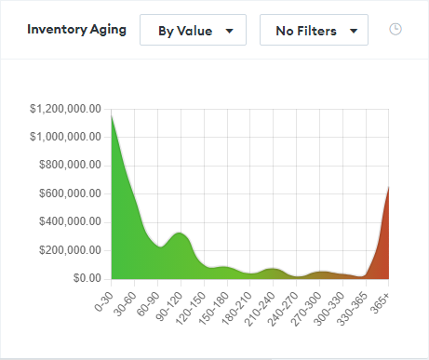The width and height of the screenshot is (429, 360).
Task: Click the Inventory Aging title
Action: pyautogui.click(x=77, y=30)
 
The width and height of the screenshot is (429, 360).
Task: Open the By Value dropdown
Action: pyautogui.click(x=193, y=31)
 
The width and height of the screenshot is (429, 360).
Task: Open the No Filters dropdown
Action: pyautogui.click(x=314, y=31)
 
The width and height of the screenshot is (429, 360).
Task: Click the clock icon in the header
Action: pyautogui.click(x=395, y=30)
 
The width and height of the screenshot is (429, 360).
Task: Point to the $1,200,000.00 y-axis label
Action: pyautogui.click(x=66, y=109)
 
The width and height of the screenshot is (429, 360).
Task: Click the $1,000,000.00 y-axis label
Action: pyautogui.click(x=66, y=137)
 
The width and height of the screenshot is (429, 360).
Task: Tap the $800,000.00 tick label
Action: pyautogui.click(x=71, y=166)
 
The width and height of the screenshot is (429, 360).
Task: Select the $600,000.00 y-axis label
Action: pyautogui.click(x=71, y=193)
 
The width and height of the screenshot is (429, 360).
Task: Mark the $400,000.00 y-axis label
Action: pyautogui.click(x=71, y=221)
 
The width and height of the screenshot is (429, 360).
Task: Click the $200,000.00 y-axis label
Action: pyautogui.click(x=71, y=250)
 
